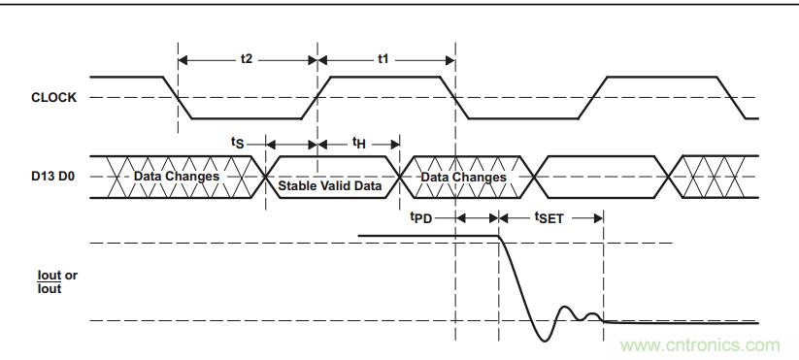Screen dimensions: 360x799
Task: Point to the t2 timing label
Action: pos(247,59)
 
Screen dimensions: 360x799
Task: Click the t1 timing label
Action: pos(383,59)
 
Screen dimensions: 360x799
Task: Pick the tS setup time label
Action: pos(238,143)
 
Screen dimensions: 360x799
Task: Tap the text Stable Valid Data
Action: pos(330,184)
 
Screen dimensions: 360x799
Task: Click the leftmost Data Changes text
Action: pos(177,177)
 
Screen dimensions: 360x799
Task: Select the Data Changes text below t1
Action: pos(463,177)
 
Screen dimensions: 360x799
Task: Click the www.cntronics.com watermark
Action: pos(700,344)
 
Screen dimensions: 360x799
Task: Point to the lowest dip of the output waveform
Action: pos(544,340)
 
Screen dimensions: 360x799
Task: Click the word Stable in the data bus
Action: pos(296,184)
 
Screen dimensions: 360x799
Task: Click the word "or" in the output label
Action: pos(71,276)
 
